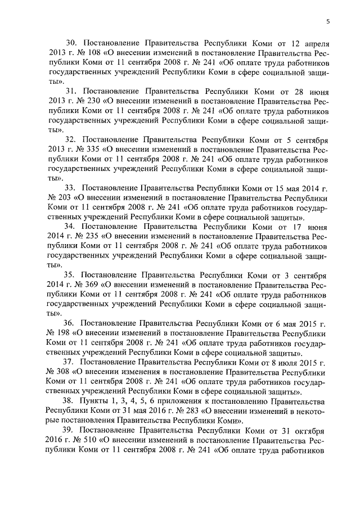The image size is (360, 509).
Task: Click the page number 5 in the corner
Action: coord(327,21)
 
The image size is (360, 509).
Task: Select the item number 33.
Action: coord(71,187)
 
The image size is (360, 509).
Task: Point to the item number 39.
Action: coord(71,431)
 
